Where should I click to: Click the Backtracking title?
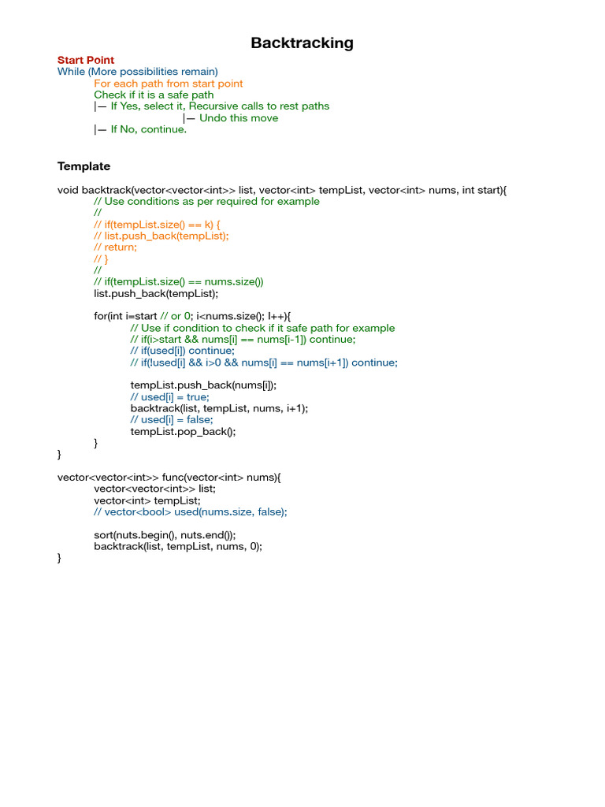tap(302, 43)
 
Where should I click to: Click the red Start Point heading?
tap(86, 60)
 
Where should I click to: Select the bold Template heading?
tap(84, 166)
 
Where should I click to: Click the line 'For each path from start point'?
tap(169, 84)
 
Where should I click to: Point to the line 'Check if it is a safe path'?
tap(154, 95)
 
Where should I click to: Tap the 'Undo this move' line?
tap(230, 118)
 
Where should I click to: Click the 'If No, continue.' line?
tap(140, 129)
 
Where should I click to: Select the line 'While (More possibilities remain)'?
tap(138, 72)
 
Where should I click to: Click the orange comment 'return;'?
tap(115, 247)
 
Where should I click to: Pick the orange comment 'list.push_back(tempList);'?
tap(161, 236)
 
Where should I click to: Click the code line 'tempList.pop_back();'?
tap(183, 431)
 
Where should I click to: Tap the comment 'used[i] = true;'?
tap(170, 397)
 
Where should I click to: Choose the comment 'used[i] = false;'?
tap(172, 420)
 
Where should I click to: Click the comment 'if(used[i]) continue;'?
tap(183, 351)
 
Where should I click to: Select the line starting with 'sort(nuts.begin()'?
tap(165, 534)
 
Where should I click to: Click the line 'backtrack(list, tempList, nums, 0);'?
tap(178, 546)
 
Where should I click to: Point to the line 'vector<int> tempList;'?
tap(147, 500)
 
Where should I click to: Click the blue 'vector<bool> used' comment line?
tap(191, 511)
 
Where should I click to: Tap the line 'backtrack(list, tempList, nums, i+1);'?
tap(219, 408)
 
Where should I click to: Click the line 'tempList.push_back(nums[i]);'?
tap(203, 385)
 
